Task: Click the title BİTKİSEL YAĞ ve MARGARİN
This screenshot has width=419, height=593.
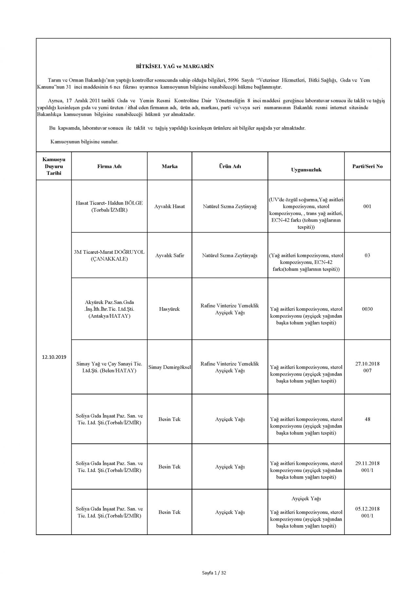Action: [174, 66]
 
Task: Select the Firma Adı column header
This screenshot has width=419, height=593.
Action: [109, 166]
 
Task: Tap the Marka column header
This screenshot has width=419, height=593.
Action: [170, 166]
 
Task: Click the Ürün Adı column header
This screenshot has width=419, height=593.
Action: [230, 166]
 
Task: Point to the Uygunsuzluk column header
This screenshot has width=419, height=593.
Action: [306, 169]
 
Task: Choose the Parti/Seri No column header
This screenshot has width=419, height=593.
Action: [367, 166]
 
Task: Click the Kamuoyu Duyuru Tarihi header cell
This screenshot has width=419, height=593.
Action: [54, 166]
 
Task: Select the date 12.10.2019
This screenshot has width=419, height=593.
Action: [54, 357]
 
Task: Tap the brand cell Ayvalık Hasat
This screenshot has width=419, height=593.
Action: [170, 207]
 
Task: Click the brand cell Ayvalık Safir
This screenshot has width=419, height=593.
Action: [170, 255]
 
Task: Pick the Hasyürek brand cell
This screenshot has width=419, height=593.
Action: [170, 309]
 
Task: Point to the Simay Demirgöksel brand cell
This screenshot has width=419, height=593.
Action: [170, 367]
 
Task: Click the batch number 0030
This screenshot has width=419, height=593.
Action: [367, 309]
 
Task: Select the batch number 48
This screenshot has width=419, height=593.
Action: [367, 419]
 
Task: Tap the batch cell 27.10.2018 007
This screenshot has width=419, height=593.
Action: [367, 367]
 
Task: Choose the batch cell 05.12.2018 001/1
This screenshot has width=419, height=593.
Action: [367, 512]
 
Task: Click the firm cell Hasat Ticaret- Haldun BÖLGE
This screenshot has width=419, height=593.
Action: [109, 207]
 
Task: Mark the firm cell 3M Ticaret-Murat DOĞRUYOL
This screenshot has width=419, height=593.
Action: [109, 255]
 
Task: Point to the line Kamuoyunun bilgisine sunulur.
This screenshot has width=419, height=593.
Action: [84, 142]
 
